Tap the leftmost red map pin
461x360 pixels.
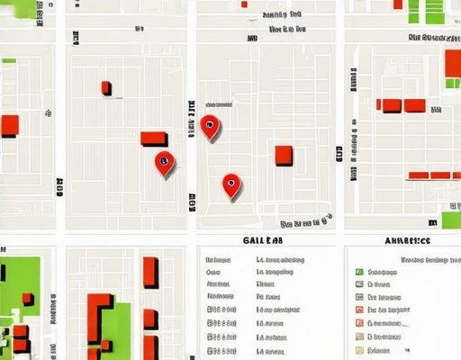tap(165, 162)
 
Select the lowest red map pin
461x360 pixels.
tap(231, 184)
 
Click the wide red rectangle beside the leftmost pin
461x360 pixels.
tap(154, 138)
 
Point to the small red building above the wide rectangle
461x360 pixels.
tap(106, 87)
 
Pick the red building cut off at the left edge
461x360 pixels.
tap(9, 125)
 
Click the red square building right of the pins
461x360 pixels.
tap(284, 155)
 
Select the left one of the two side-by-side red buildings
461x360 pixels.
tap(392, 105)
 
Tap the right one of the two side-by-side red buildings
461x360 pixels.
tap(414, 105)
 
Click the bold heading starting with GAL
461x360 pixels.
tap(264, 241)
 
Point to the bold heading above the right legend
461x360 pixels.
tap(407, 241)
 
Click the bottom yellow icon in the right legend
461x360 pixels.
tap(358, 348)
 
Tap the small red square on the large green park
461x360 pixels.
tap(27, 298)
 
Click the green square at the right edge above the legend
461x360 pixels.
tap(451, 220)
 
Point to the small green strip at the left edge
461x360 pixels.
tap(9, 60)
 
